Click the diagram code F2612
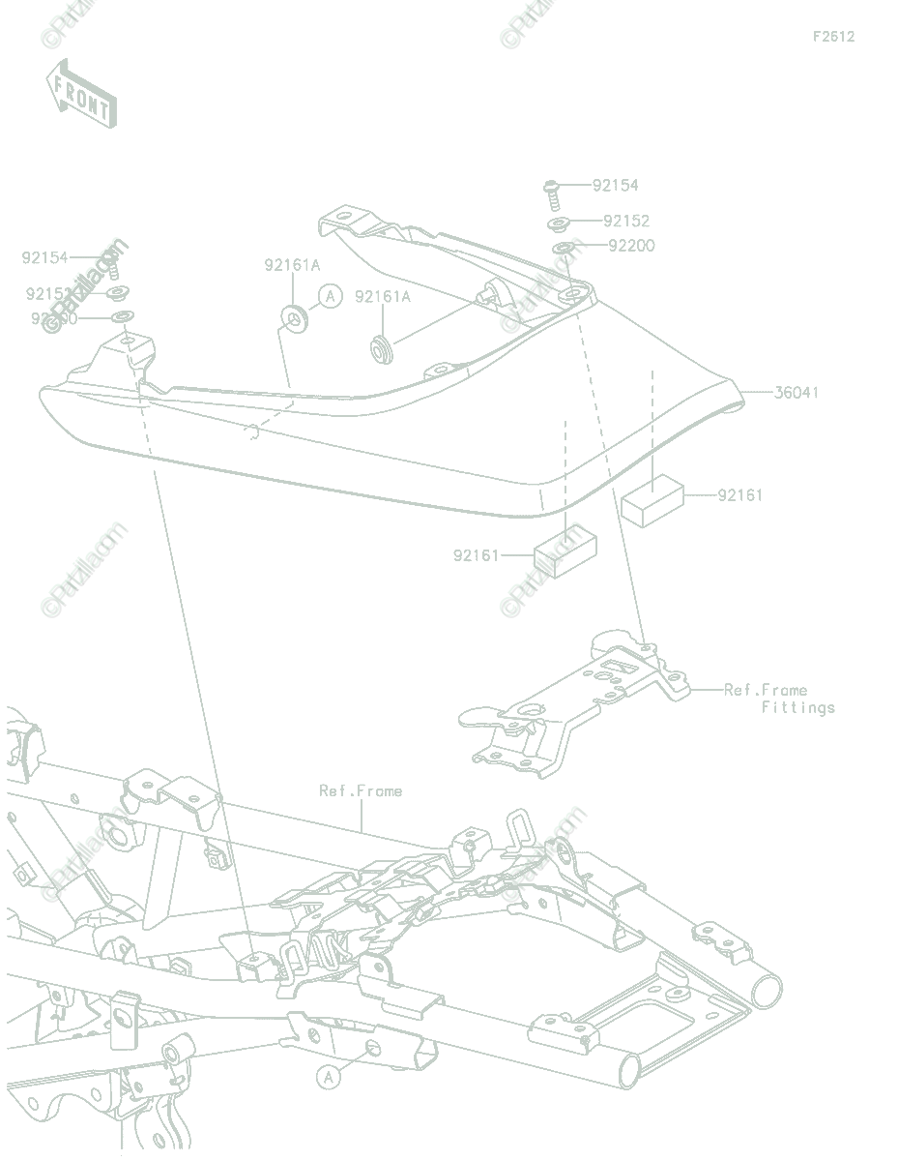tap(833, 37)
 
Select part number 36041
tap(796, 392)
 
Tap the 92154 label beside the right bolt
tap(616, 185)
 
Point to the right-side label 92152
tap(626, 221)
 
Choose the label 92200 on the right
tap(631, 245)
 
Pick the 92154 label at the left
tap(45, 257)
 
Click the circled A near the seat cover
tap(331, 295)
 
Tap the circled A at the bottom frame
tap(330, 1075)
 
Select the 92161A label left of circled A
tap(292, 264)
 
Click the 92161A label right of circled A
tap(382, 296)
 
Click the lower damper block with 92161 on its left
tap(565, 556)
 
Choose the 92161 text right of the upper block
tap(739, 494)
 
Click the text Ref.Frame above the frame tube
tap(361, 790)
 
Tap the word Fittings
tap(797, 707)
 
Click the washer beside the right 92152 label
tap(559, 224)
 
